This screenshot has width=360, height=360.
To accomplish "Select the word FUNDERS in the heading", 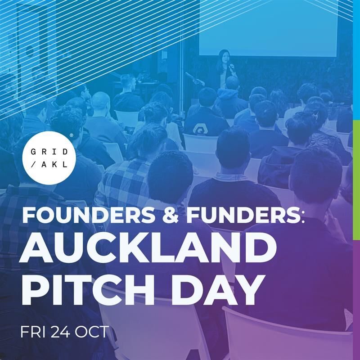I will point(243,216).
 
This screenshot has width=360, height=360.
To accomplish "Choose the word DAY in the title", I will point(216,290).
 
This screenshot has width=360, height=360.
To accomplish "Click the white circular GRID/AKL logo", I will point(50,158).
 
